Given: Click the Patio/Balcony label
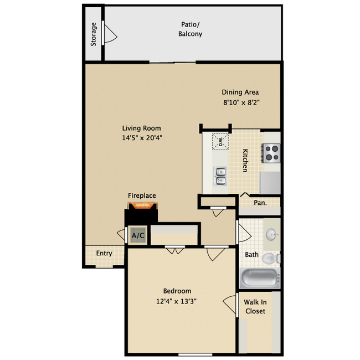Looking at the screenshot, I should (191, 29).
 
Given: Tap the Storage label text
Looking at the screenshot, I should (94, 34).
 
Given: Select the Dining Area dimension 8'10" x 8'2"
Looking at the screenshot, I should (240, 102).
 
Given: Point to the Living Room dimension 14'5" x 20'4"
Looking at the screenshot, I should (142, 138).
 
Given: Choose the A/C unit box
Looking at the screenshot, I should (137, 236).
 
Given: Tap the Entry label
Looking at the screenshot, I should (104, 253).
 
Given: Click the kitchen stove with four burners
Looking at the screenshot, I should (271, 152).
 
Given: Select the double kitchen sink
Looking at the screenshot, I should (220, 176).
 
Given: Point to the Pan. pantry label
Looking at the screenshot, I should (260, 203).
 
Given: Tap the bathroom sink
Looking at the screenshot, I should (271, 235).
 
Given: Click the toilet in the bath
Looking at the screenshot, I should (270, 258).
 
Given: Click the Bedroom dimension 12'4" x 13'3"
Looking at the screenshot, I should (177, 301).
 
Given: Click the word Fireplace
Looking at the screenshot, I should (142, 196).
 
